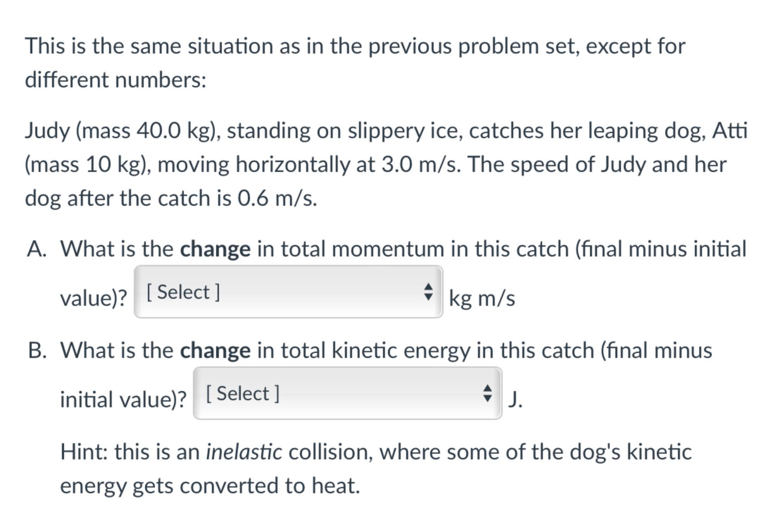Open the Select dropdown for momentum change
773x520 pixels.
tap(288, 292)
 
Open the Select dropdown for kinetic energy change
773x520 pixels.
tap(347, 393)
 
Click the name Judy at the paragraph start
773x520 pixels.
tap(48, 131)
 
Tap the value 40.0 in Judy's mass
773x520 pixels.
tap(158, 130)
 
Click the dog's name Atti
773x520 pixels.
tap(730, 130)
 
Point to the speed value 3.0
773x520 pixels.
tap(397, 165)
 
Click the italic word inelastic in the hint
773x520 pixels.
tap(244, 452)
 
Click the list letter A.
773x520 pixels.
tap(36, 249)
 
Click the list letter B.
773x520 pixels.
tap(37, 351)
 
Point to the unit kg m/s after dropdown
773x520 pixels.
tap(482, 299)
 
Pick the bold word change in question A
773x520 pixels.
tap(215, 249)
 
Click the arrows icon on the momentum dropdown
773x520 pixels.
tap(428, 292)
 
